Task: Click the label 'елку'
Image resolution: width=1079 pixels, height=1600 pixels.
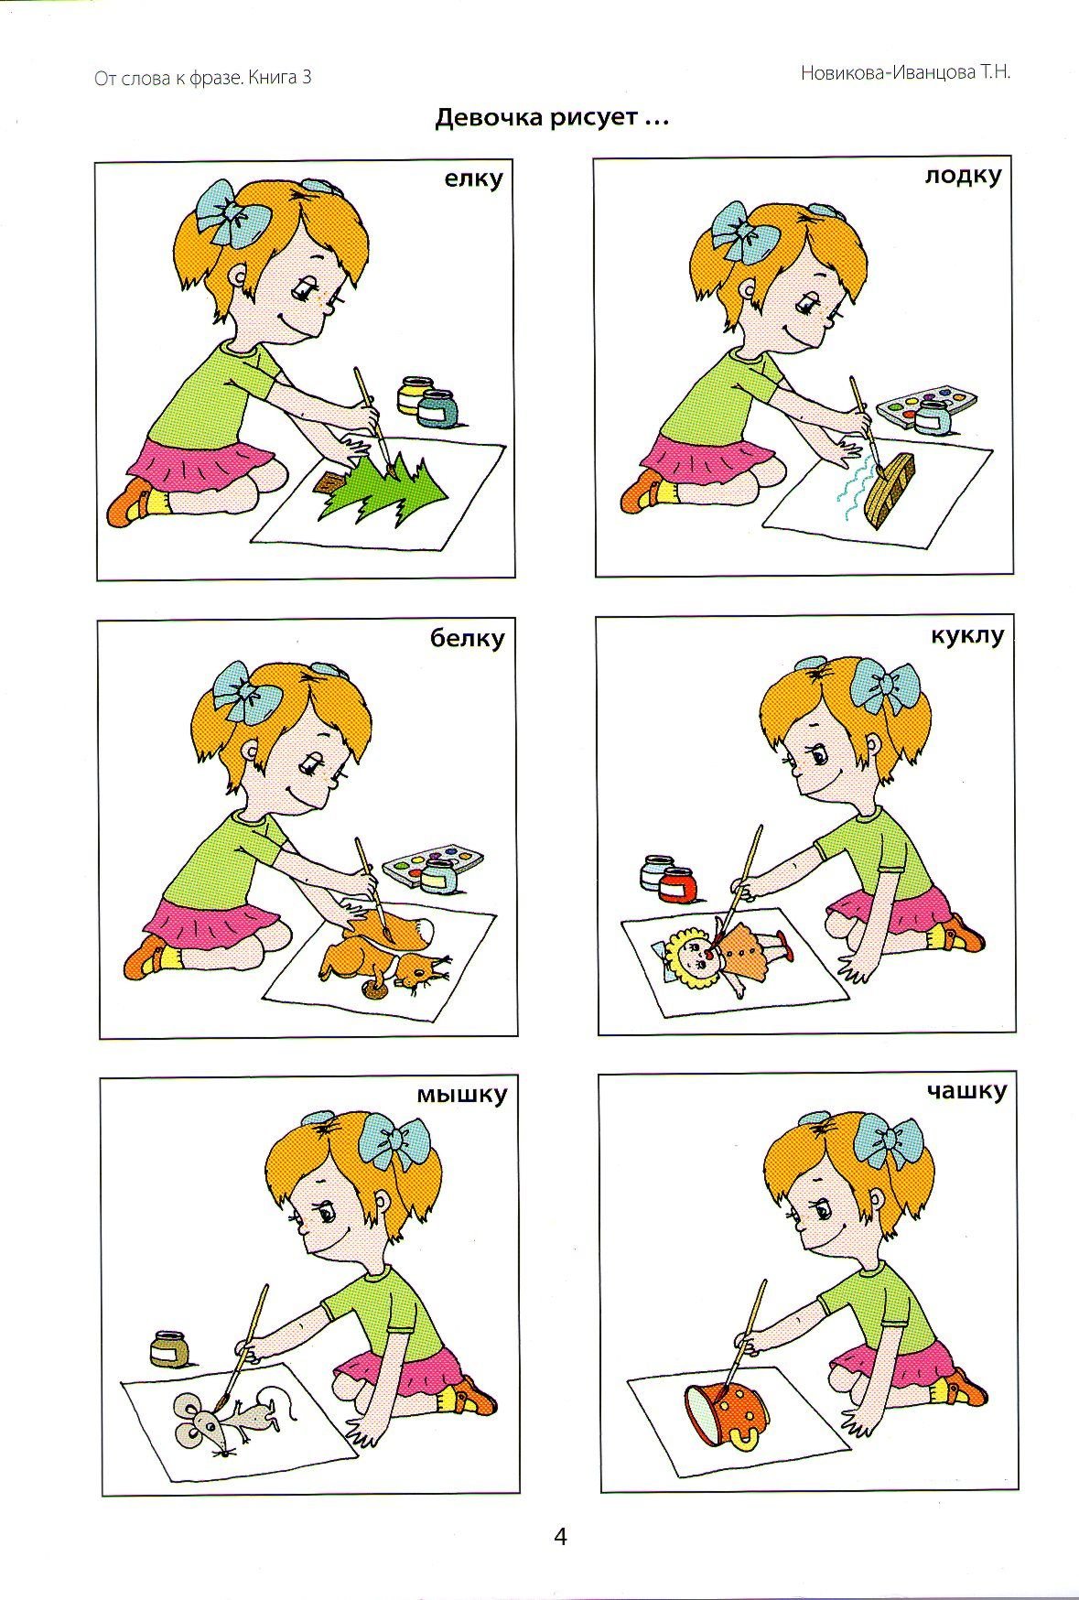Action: [473, 179]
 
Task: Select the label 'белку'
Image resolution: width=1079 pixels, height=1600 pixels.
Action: [468, 639]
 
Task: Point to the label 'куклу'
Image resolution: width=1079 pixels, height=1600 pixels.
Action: [966, 635]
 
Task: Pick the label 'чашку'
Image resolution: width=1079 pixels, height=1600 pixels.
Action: [966, 1091]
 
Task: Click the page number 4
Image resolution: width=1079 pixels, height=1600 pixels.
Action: [561, 1536]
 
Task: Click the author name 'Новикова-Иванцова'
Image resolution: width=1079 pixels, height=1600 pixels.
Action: [887, 73]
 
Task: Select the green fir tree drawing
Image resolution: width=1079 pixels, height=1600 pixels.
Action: [383, 492]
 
